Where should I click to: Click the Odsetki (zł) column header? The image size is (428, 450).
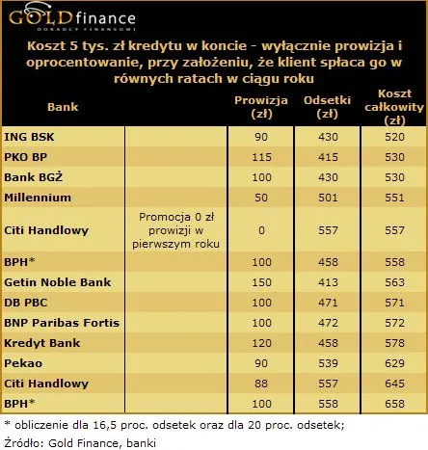point(325,107)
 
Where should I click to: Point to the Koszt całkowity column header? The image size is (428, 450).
point(392,107)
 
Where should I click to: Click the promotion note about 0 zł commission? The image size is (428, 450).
point(179,230)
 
